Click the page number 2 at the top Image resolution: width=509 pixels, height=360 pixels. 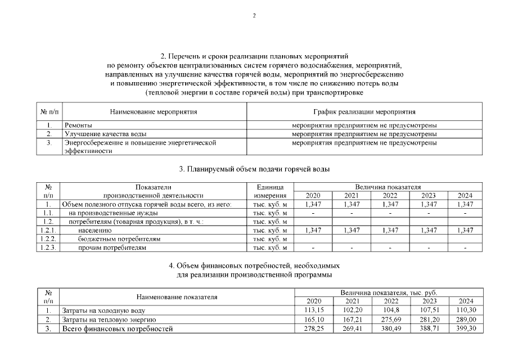pyautogui.click(x=254, y=15)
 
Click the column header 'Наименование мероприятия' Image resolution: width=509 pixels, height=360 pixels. pyautogui.click(x=154, y=112)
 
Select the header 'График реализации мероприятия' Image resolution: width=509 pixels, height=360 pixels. pyautogui.click(x=364, y=112)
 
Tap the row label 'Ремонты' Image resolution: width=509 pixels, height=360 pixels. pyautogui.click(x=78, y=125)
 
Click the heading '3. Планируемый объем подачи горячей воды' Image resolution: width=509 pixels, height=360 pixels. pyautogui.click(x=254, y=169)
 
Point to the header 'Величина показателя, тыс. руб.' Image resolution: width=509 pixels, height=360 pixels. pyautogui.click(x=389, y=293)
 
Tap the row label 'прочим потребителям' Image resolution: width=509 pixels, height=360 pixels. pyautogui.click(x=112, y=247)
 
